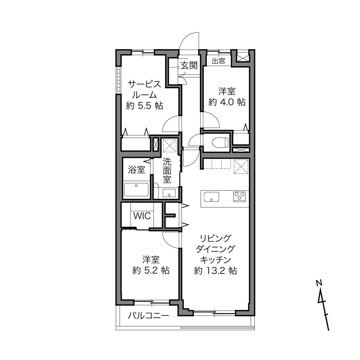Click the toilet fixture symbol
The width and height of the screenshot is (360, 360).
[x=220, y=143]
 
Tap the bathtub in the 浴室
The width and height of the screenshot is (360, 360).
[x=136, y=189]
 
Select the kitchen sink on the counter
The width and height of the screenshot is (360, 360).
[x=211, y=197]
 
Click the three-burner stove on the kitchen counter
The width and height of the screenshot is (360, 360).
[x=239, y=197]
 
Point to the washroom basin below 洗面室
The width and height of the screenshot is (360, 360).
[x=169, y=193]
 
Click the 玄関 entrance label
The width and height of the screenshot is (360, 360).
[x=189, y=66]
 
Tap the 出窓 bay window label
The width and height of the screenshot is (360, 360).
[x=219, y=61]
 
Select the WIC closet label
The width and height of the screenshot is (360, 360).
[x=142, y=216]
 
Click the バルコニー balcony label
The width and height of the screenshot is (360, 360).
[x=148, y=316]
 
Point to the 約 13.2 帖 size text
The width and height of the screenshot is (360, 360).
[x=215, y=271]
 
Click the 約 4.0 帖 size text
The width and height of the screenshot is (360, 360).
[x=227, y=102]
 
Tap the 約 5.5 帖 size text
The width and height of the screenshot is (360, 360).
[x=144, y=106]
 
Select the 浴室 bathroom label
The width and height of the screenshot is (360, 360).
[x=137, y=170]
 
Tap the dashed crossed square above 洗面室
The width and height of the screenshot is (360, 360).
[x=170, y=145]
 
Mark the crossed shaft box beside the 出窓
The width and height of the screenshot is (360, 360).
[x=242, y=58]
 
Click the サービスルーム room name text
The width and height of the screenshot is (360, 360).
[x=144, y=90]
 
